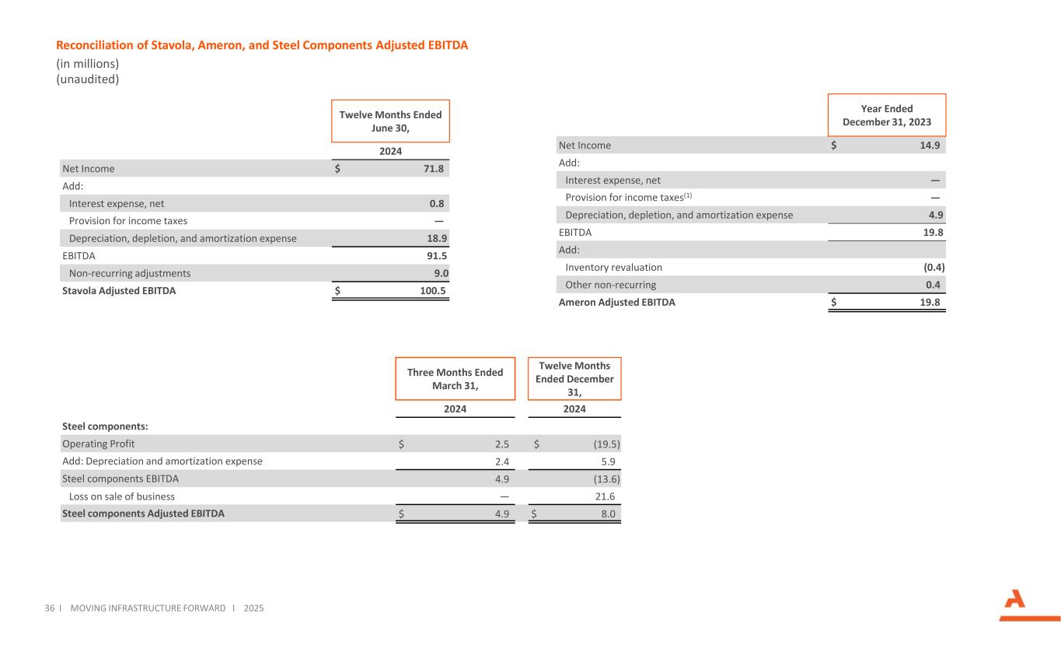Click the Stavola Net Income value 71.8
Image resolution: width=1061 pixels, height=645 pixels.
point(437,168)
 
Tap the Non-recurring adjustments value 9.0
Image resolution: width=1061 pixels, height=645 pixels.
point(441,273)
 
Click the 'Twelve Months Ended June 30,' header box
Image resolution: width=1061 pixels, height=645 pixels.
point(390,121)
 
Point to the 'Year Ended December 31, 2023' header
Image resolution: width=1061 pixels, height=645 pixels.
point(886,115)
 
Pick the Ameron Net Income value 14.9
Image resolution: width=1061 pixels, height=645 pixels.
point(933,145)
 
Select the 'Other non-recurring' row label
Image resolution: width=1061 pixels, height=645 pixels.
point(610,285)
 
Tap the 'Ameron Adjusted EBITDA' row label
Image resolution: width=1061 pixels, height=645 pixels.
point(616,303)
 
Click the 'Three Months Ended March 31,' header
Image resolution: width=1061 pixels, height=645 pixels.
point(455,378)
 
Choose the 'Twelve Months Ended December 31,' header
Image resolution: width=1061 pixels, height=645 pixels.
point(574,378)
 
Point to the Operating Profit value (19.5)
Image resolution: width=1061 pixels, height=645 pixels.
point(602,443)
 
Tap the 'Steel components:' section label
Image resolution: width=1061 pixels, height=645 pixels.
point(105,426)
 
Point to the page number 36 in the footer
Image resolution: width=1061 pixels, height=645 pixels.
point(50,608)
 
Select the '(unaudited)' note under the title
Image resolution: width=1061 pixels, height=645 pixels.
point(88,79)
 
